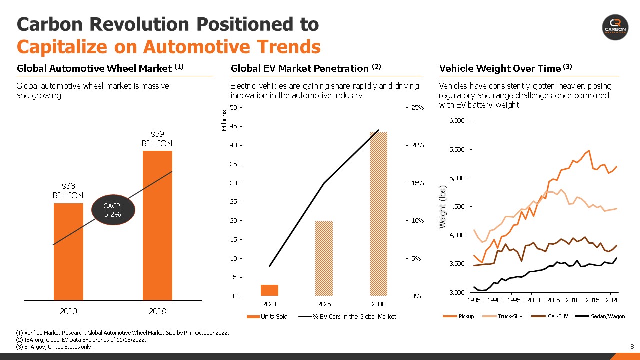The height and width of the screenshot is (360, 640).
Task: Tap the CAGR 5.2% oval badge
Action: click(112, 210)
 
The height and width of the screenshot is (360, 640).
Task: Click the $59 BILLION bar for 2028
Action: click(157, 225)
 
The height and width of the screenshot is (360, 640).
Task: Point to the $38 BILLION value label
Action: click(68, 190)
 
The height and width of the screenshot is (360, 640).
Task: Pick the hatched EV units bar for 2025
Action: click(324, 258)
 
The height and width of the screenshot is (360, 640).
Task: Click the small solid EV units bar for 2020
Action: click(269, 290)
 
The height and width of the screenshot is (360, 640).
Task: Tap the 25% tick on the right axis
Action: click(417, 108)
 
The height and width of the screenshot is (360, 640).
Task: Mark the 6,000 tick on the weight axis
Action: click(458, 121)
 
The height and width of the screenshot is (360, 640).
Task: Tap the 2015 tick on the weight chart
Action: click(592, 300)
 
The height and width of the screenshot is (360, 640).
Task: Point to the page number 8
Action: click(632, 347)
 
